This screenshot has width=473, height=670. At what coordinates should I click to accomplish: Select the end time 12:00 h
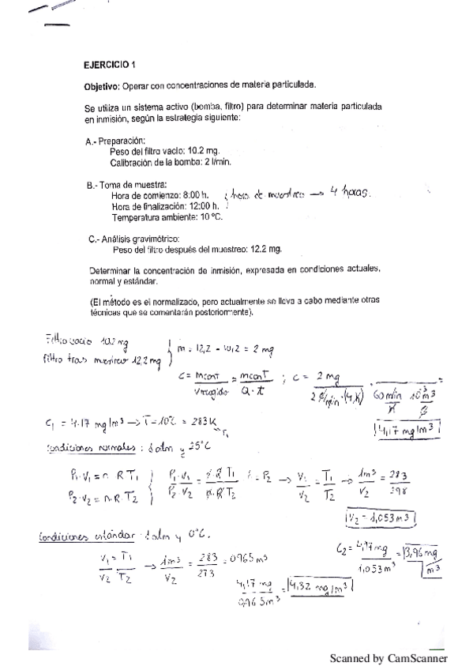point(201,206)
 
